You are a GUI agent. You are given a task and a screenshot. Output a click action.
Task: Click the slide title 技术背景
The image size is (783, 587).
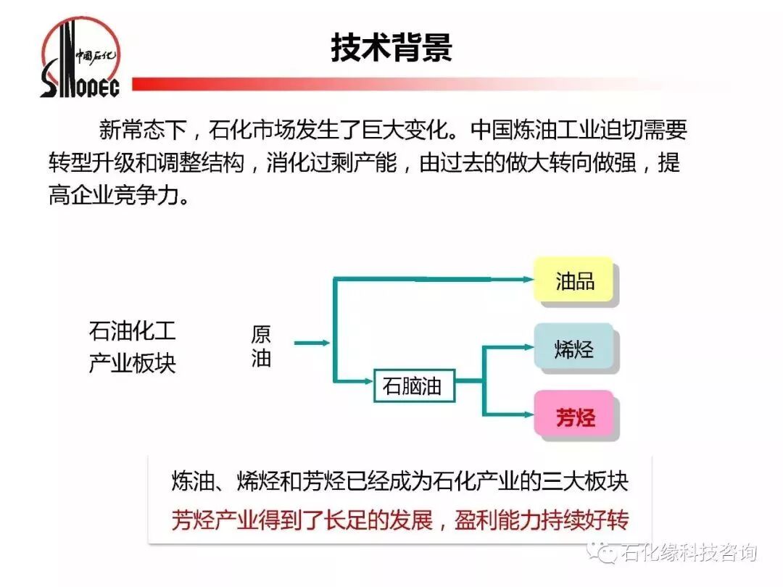click(x=391, y=47)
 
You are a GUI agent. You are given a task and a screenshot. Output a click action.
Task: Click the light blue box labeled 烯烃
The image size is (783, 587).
click(x=575, y=349)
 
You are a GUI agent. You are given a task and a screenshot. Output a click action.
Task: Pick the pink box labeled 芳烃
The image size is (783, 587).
click(x=575, y=417)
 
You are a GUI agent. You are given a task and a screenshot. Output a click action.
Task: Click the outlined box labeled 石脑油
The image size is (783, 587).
click(x=412, y=386)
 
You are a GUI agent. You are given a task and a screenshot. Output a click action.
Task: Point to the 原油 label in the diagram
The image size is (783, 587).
click(x=261, y=346)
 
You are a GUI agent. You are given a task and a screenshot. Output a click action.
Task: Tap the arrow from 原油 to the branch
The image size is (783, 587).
click(x=312, y=342)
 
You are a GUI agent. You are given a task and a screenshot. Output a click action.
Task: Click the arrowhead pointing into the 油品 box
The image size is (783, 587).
click(x=527, y=278)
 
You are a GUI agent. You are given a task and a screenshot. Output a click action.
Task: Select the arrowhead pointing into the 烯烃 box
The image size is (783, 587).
click(x=528, y=347)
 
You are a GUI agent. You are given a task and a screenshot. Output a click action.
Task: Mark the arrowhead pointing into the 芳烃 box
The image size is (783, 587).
click(x=528, y=415)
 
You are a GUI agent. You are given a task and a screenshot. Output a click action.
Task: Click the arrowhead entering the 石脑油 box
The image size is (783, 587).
click(x=368, y=380)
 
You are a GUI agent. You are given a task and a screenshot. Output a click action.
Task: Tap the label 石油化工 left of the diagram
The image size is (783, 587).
click(x=132, y=332)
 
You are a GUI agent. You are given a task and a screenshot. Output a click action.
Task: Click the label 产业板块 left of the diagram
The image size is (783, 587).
click(x=132, y=363)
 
